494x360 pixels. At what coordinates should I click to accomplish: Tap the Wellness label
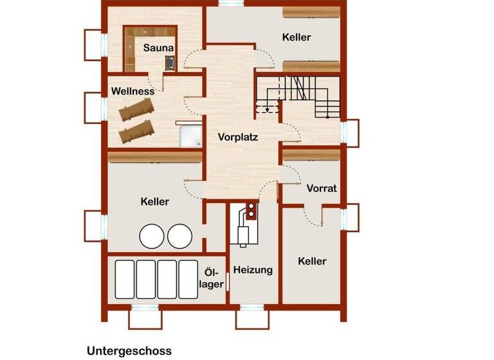(x=133, y=91)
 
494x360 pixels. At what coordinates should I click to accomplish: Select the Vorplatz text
(x=238, y=137)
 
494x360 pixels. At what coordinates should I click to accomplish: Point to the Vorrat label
(x=322, y=188)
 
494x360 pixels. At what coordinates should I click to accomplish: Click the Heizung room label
(x=253, y=270)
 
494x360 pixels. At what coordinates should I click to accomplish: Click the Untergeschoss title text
(x=129, y=351)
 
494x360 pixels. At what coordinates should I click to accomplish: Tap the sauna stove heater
(x=171, y=62)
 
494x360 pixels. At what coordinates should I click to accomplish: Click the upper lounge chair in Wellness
(x=136, y=111)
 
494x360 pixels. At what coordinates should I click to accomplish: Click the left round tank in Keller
(x=152, y=237)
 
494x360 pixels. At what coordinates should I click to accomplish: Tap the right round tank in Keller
(x=179, y=237)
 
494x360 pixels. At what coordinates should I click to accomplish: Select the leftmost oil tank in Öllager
(x=124, y=279)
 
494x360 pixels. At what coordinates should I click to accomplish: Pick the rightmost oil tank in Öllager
(x=188, y=279)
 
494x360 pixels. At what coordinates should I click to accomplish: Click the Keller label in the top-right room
(x=297, y=37)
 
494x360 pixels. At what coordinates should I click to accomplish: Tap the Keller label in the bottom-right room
(x=312, y=261)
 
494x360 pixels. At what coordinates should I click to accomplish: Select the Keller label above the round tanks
(x=154, y=202)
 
